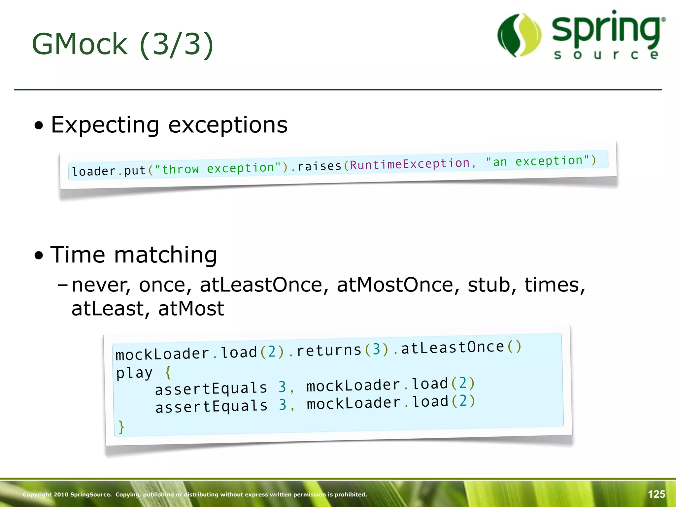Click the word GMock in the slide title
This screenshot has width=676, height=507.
coord(80,44)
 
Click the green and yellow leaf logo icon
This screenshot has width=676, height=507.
coord(519,35)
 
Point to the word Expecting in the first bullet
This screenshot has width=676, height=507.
coord(105,125)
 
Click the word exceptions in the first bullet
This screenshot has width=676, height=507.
coord(228,125)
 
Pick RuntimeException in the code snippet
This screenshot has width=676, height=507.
coord(409,164)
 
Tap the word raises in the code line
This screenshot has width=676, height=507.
coord(319,166)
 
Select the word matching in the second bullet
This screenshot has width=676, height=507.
coord(165,255)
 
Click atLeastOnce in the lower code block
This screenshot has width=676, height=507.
coord(453,348)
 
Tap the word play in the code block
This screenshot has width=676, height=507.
coord(134,373)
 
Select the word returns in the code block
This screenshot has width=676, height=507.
coord(329,351)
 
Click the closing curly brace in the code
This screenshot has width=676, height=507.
coord(121,427)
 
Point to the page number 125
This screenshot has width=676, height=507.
coord(656,494)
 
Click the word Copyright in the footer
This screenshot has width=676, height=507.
coord(37,494)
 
